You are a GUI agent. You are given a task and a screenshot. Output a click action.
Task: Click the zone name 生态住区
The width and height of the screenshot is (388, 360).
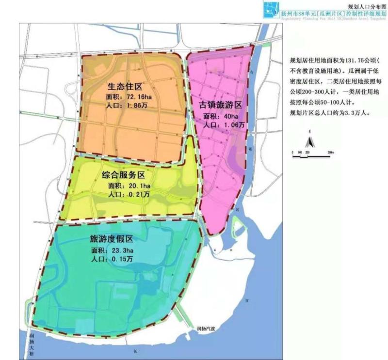coord(124,87)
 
